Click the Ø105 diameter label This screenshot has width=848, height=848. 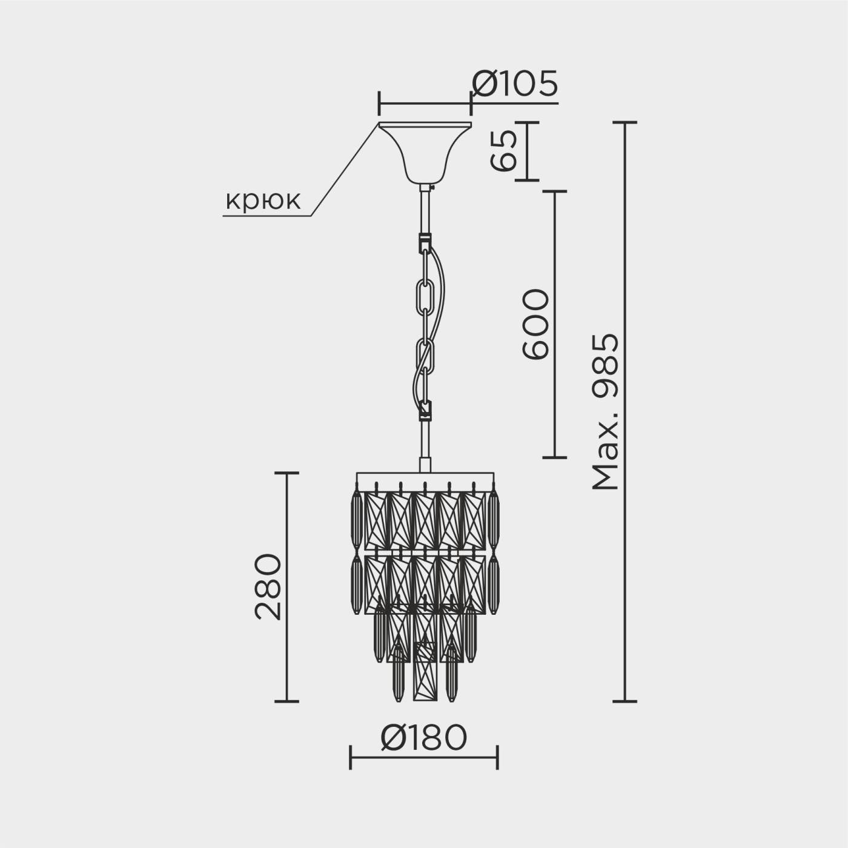point(514,84)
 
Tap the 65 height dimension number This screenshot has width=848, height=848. point(504,151)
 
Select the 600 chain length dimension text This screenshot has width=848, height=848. point(535,324)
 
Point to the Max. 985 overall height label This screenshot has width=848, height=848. point(606,412)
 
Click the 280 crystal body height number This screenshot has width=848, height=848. point(268,587)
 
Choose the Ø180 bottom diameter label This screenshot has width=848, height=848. point(423,738)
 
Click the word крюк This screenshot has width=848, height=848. point(263,200)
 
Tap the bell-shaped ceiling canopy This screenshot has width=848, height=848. point(425,152)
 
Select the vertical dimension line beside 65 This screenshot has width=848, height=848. point(527,151)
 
